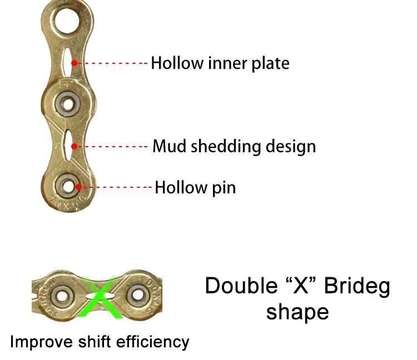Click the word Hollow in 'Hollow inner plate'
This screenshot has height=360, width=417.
pyautogui.click(x=177, y=63)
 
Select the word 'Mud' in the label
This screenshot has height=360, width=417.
pyautogui.click(x=170, y=147)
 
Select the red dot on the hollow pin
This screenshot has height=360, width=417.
pyautogui.click(x=80, y=187)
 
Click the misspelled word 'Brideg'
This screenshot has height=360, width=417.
pyautogui.click(x=357, y=286)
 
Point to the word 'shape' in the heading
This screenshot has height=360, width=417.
pyautogui.click(x=297, y=312)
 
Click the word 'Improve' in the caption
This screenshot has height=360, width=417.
pyautogui.click(x=41, y=341)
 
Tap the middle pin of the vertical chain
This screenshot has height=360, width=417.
pyautogui.click(x=69, y=103)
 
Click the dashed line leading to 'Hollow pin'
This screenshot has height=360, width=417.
pyautogui.click(x=117, y=187)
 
